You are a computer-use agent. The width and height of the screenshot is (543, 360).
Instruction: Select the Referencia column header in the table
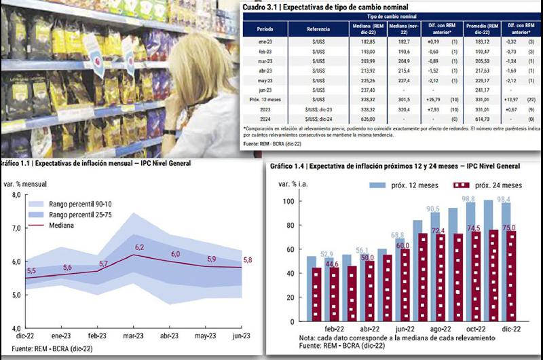pos(318,30)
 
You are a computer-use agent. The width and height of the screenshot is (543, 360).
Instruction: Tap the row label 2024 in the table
pos(265,120)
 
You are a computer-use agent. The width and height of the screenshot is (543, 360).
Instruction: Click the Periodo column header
pos(265,30)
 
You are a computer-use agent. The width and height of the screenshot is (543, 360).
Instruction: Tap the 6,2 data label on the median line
pos(140,247)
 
